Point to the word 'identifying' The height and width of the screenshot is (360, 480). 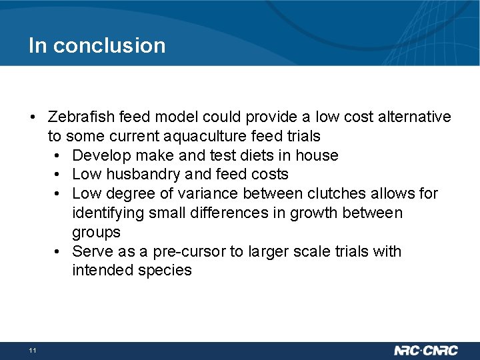[x=107, y=213]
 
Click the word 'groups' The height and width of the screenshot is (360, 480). [x=96, y=233]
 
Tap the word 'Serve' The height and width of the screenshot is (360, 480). [x=91, y=251]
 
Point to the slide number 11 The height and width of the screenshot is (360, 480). [x=32, y=351]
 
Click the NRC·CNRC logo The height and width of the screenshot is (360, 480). [x=427, y=351]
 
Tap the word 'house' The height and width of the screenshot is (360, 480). [x=318, y=156]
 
